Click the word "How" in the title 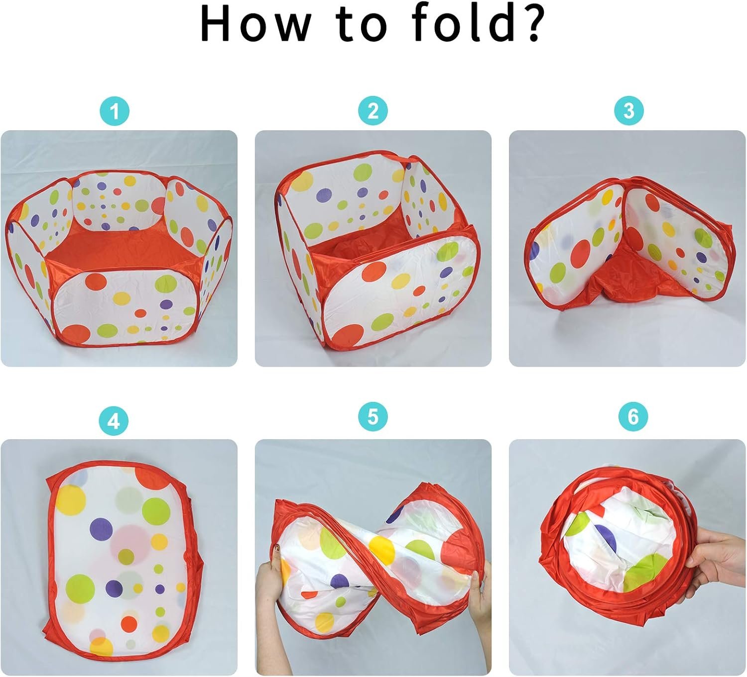point(255,24)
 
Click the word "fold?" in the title point(479,23)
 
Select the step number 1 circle point(115,111)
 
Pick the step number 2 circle point(373,110)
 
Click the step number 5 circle point(373,416)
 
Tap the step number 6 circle point(633,416)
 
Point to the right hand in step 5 point(481,595)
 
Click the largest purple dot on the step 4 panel point(102,529)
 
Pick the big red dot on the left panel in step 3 point(581,253)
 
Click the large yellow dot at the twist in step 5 point(381,551)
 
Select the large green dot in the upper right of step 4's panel point(156,511)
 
